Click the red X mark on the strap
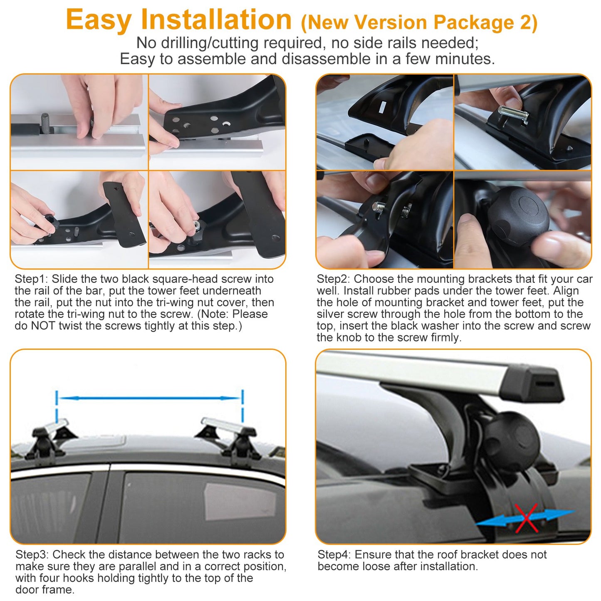pos(526,518)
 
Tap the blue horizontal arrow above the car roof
pos(150,398)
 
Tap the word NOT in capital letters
pos(43,326)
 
